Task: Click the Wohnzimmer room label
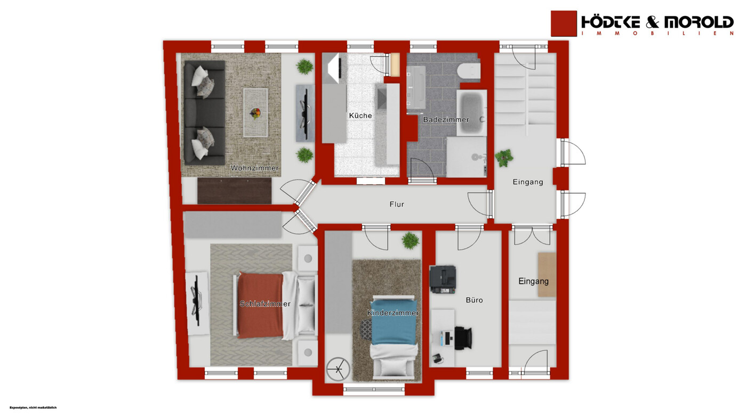[x=255, y=168]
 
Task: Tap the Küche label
[x=360, y=116]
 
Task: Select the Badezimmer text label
[x=446, y=120]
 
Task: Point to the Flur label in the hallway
[x=397, y=204]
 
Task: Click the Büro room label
[x=474, y=300]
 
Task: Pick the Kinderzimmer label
[x=393, y=313]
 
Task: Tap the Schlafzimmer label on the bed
[x=265, y=304]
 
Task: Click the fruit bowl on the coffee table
[x=255, y=113]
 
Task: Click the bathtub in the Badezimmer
[x=471, y=113]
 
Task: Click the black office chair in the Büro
[x=463, y=338]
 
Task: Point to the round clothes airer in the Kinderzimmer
[x=338, y=369]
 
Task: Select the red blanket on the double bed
[x=260, y=305]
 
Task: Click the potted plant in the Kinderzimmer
[x=410, y=241]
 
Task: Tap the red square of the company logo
[x=564, y=23]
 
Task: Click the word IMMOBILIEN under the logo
[x=657, y=34]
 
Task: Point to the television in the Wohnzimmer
[x=305, y=113]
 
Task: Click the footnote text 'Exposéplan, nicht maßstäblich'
[x=33, y=407]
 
